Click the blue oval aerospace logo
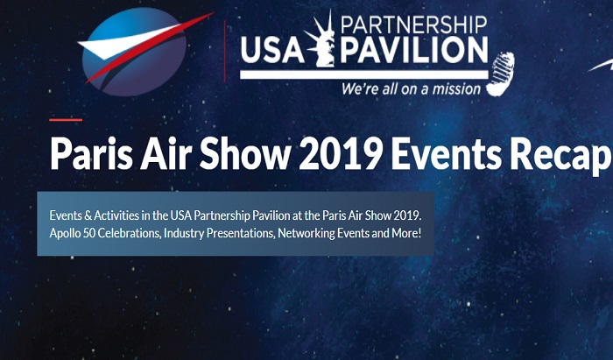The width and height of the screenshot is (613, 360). point(135,52)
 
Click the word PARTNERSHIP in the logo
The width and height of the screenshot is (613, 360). point(414,25)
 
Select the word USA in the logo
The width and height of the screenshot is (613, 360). point(272,50)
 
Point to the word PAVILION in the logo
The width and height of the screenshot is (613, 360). point(414,50)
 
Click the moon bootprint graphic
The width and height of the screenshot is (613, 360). point(500,74)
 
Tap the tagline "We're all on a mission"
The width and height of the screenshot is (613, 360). point(411,89)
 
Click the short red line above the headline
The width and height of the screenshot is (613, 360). point(66,120)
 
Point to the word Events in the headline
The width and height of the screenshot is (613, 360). point(447,153)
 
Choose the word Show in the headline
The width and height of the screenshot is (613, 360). point(245,153)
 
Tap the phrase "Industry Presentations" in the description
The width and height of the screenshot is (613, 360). point(219,233)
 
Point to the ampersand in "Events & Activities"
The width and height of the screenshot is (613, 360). point(88,215)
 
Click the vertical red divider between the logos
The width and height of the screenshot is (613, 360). point(225,51)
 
